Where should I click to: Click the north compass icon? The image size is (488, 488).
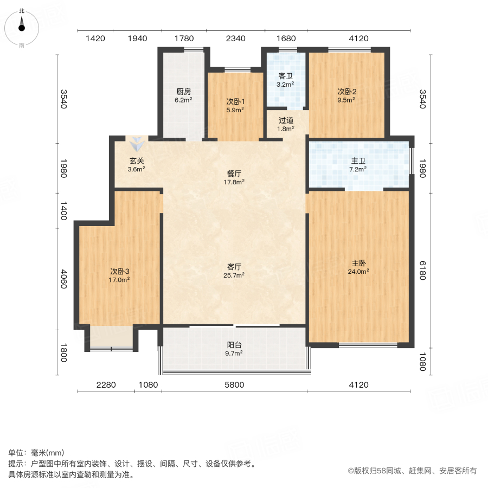pos(22,25)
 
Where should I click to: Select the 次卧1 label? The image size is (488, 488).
pos(235,101)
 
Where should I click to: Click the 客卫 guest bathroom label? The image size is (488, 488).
pos(285,76)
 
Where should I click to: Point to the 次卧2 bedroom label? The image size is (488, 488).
pos(346,92)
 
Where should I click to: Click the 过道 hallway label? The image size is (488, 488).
pos(286,120)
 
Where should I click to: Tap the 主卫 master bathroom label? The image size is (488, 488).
pos(358,161)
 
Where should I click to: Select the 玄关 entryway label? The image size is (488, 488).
pos(136,161)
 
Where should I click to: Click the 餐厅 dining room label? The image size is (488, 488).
pos(234,174)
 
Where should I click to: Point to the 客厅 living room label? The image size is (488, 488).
pos(234,267)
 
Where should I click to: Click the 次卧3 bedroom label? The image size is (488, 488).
pos(119,271)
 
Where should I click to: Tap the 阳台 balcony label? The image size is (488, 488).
pos(234,344)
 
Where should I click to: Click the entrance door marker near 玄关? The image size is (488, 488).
pos(136,144)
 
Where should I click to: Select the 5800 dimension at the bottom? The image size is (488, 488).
pos(234,385)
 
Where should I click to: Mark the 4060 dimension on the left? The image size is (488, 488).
pos(63,279)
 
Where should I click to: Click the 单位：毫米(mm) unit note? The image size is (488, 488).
pos(36,453)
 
